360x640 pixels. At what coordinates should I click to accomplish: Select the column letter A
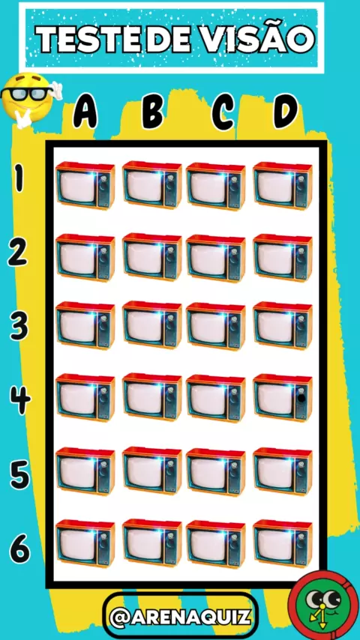[x=85, y=110]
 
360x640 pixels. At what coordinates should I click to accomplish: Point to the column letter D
[x=286, y=111]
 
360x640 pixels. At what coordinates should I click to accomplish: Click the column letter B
[x=153, y=111]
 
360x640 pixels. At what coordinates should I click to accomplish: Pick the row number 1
[x=19, y=178]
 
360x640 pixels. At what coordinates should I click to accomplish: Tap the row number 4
[x=19, y=399]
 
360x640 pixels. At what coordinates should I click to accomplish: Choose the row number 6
[x=19, y=548]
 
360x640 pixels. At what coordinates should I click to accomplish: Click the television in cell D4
[x=283, y=396]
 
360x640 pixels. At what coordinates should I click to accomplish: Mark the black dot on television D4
[x=301, y=398]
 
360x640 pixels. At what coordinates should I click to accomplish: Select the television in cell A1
[x=85, y=184]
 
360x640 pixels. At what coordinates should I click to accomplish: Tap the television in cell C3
[x=216, y=325]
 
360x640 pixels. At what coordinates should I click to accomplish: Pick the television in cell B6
[x=152, y=543]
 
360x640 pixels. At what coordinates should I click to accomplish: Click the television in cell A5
[x=85, y=471]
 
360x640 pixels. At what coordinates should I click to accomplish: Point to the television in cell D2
[x=283, y=257]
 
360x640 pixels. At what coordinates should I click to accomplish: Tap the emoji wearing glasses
[x=29, y=99]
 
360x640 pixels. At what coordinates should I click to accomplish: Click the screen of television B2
[x=144, y=258]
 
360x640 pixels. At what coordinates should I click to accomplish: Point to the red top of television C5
[x=216, y=453]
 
